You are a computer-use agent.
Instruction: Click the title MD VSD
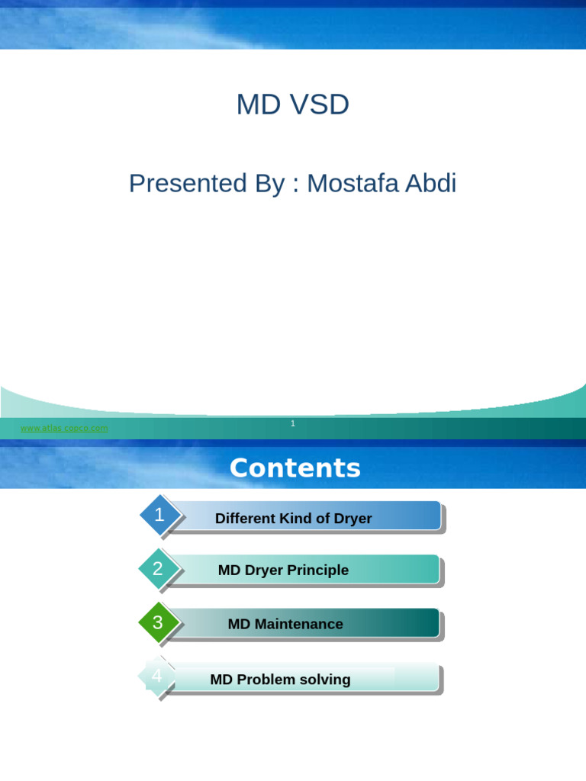click(292, 104)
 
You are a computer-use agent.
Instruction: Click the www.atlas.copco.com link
click(64, 429)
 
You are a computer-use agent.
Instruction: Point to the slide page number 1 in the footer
click(293, 423)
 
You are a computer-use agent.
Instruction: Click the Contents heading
click(295, 468)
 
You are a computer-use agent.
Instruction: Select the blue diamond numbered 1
click(159, 516)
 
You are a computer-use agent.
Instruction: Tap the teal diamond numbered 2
click(158, 569)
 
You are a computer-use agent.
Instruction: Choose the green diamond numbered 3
click(158, 622)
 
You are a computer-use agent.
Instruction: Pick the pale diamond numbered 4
click(157, 676)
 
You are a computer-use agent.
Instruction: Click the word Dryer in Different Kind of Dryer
click(353, 519)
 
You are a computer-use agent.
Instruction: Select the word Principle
click(317, 570)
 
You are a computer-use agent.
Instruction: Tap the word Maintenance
click(298, 624)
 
